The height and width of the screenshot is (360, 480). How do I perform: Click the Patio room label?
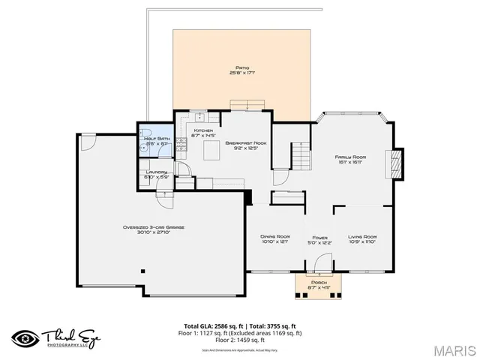pos(241,70)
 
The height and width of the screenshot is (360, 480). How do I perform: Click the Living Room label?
pos(362,239)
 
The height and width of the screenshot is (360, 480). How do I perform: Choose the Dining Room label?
pos(275,239)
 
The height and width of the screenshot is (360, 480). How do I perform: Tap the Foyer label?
pos(319,239)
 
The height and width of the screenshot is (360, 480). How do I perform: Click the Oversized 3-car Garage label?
pos(154,229)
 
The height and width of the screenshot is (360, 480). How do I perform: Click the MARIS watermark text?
pos(452,349)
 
